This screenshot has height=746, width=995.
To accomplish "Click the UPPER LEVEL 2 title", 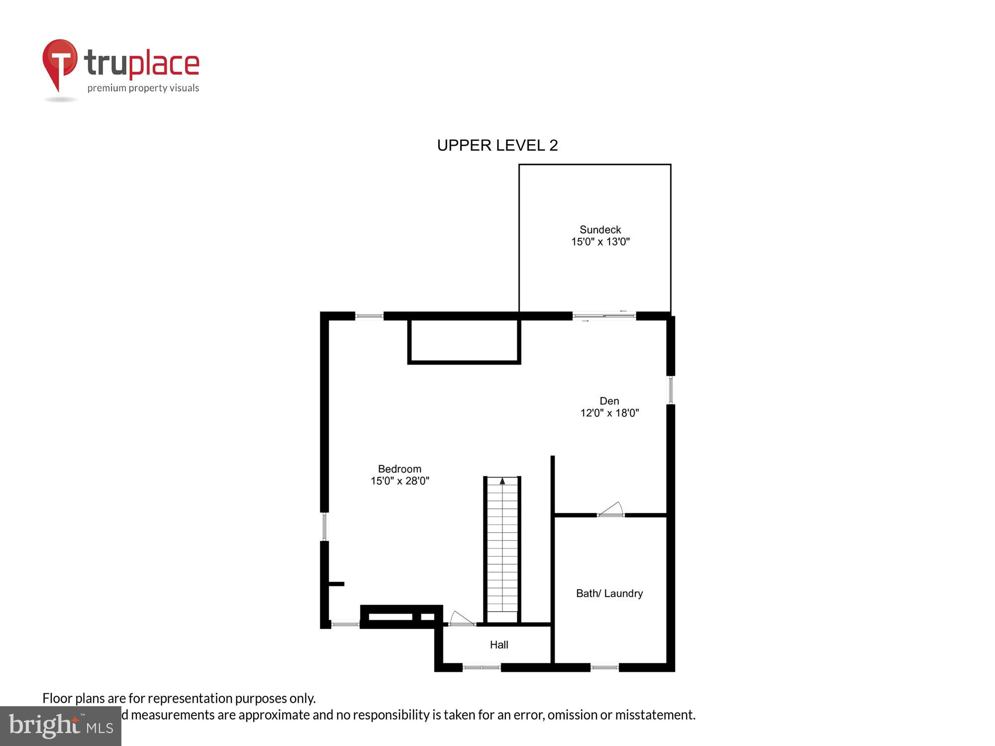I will (497, 145).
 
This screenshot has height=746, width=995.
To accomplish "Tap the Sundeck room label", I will (600, 230).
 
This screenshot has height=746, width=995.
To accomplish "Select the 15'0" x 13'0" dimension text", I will (600, 242).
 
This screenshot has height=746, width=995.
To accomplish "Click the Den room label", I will (609, 401).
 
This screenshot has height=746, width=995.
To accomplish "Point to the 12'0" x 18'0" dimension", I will (609, 413).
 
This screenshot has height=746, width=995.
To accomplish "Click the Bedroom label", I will (399, 469).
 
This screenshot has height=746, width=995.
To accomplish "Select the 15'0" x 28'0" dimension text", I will (399, 481).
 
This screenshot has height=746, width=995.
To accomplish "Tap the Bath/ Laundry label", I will (609, 593).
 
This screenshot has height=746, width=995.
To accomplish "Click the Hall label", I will (499, 645).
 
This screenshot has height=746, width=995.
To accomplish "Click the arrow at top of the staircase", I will (502, 481).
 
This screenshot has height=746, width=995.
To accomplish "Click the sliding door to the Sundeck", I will (604, 315).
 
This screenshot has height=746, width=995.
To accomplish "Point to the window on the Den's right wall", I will (671, 390).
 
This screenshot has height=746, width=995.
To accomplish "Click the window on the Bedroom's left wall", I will (324, 527).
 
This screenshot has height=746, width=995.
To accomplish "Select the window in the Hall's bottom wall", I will (482, 667).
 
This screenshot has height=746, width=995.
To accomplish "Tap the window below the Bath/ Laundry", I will (604, 667).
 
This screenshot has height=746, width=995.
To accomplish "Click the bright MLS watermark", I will (60, 726).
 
